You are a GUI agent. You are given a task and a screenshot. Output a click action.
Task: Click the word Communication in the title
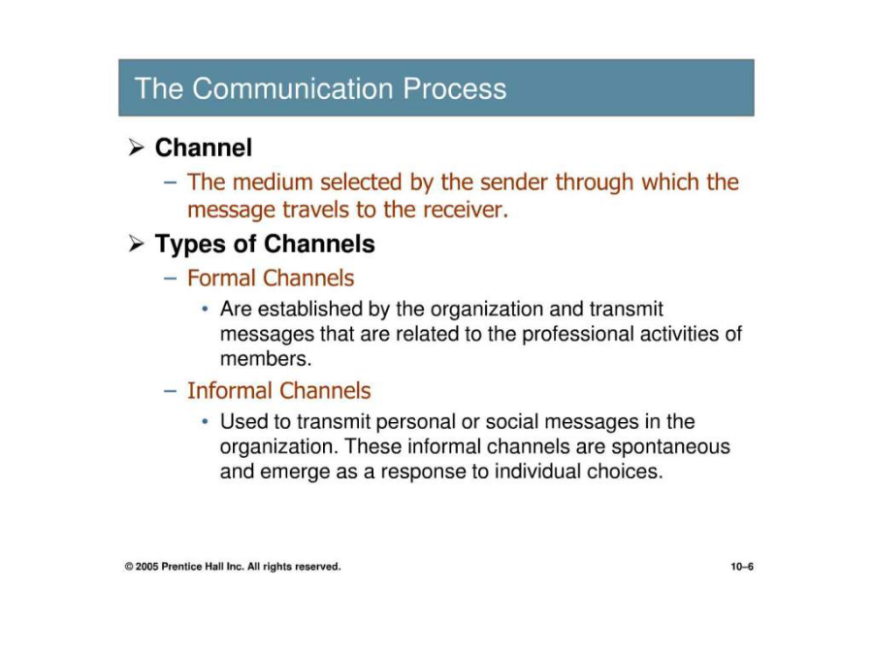[x=293, y=88]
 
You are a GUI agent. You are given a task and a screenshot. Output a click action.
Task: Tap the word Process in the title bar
[x=454, y=88]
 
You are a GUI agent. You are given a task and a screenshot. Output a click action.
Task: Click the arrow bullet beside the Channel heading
[x=136, y=147]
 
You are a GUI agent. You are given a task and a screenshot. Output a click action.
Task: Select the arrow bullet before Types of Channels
[x=136, y=244]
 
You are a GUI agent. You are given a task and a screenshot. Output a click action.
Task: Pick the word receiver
[x=466, y=210]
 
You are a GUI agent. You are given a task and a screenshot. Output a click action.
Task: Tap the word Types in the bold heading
[x=185, y=245]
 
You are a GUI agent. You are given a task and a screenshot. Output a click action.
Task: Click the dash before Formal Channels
[x=171, y=278]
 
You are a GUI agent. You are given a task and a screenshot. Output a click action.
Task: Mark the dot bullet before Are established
[x=206, y=309]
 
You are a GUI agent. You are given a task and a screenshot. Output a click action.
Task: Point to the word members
[x=266, y=359]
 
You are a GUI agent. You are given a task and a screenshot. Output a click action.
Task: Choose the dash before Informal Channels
[x=171, y=391]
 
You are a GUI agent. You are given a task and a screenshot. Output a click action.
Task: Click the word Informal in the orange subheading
[x=229, y=390]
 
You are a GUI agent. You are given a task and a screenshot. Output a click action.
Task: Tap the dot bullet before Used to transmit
[x=206, y=422]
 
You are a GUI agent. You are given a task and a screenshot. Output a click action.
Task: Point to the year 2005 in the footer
[x=147, y=567]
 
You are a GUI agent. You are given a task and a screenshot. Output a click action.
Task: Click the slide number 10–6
[x=742, y=567]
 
